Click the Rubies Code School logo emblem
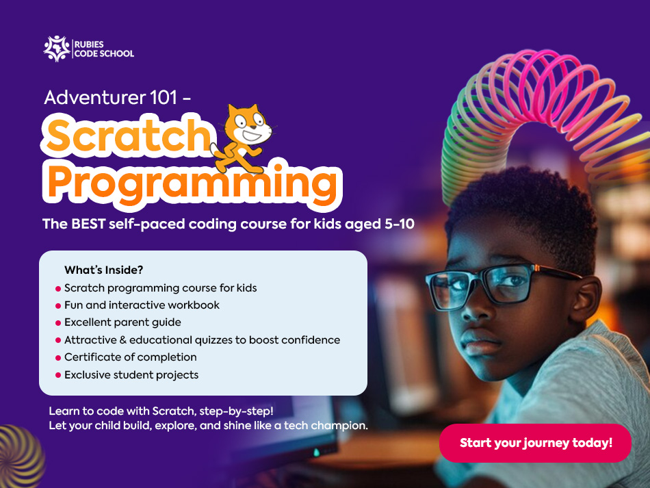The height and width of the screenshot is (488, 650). (57, 49)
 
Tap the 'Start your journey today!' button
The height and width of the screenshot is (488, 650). (535, 443)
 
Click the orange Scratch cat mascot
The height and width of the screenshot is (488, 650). (244, 138)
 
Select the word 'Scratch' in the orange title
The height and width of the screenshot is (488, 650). (129, 135)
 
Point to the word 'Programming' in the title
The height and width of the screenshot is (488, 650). (192, 183)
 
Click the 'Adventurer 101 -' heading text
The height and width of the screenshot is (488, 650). (117, 98)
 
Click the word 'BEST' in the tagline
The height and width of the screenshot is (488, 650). (88, 224)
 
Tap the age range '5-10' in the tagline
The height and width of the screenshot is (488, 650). (400, 224)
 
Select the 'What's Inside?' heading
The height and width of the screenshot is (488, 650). (103, 270)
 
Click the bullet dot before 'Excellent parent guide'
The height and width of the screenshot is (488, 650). (58, 323)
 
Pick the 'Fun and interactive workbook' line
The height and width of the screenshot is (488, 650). (142, 305)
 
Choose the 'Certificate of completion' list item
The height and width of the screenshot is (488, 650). (131, 357)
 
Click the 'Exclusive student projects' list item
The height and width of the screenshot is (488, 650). (131, 375)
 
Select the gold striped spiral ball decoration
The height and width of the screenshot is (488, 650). (21, 457)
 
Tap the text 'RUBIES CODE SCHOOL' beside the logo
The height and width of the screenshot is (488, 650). (104, 49)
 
